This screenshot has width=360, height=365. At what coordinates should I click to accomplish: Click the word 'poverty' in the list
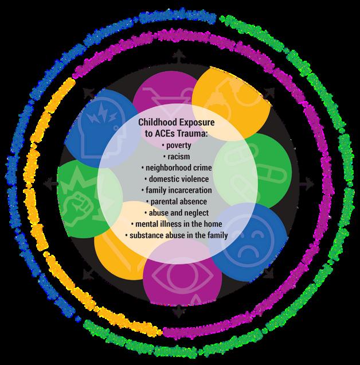pyautogui.click(x=179, y=146)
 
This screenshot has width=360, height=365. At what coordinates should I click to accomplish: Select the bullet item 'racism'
pyautogui.click(x=179, y=157)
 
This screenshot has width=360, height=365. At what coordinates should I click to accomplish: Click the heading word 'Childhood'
pyautogui.click(x=159, y=123)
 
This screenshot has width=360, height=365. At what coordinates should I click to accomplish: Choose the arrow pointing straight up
pyautogui.click(x=179, y=54)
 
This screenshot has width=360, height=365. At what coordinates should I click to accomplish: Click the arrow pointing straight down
pyautogui.click(x=179, y=313)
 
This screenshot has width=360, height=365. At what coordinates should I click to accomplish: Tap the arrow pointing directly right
pyautogui.click(x=310, y=184)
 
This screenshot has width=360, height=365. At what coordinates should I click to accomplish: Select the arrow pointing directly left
pyautogui.click(x=50, y=184)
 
